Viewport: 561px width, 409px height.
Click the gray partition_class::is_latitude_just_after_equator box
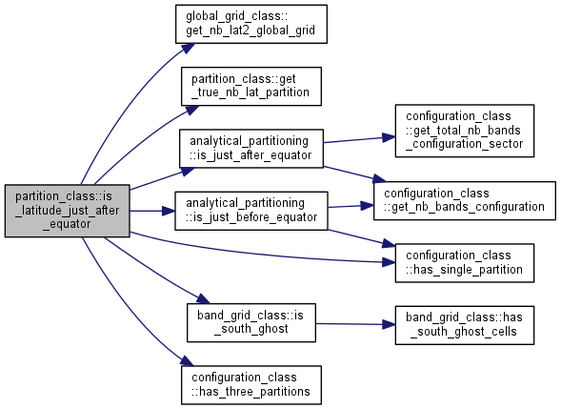[x=68, y=211]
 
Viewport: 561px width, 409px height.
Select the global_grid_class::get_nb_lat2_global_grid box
[x=251, y=24]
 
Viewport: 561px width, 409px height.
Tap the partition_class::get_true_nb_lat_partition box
[x=251, y=87]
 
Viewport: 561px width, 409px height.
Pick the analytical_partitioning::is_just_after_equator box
[x=251, y=149]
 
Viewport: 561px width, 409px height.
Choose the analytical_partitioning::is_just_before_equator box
[x=251, y=211]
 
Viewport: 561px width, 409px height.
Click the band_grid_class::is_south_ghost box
[x=251, y=322]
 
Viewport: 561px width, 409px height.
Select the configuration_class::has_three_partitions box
[x=251, y=385]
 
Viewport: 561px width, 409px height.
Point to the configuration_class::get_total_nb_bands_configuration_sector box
[x=465, y=131]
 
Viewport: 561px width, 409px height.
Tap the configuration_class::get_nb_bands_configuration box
[x=465, y=200]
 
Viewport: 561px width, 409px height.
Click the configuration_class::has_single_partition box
[x=465, y=263]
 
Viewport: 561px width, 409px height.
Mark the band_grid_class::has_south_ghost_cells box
[x=465, y=325]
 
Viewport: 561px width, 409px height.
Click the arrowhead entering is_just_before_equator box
[x=169, y=211]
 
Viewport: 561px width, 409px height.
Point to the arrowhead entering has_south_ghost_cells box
[x=389, y=325]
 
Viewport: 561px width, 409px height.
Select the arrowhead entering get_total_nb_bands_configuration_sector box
[x=389, y=137]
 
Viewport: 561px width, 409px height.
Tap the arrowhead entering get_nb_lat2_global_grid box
[x=188, y=49]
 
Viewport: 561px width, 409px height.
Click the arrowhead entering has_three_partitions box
[x=187, y=360]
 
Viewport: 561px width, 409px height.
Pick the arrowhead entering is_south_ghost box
[x=203, y=298]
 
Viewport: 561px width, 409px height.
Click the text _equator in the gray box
[x=68, y=224]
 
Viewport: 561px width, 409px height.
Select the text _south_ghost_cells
[x=463, y=332]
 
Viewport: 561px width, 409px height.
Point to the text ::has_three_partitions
[x=250, y=392]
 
